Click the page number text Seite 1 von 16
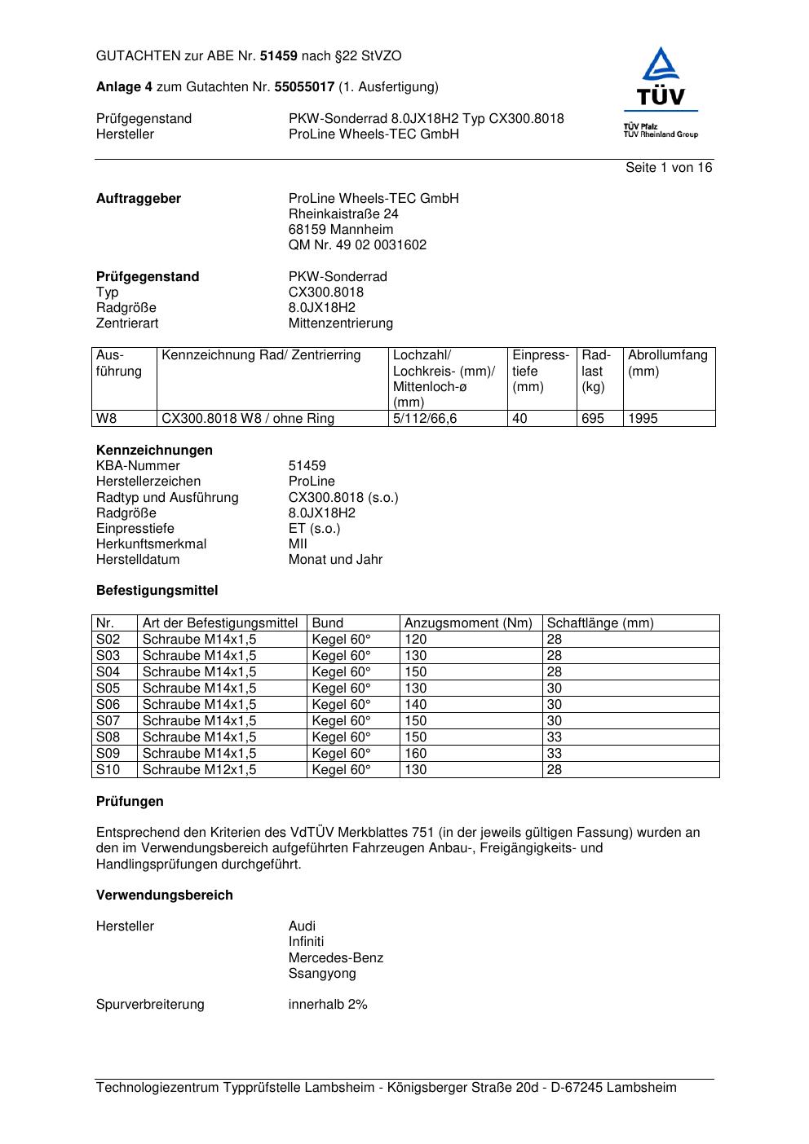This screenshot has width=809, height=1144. point(669,168)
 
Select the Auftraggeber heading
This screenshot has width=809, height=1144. point(139,199)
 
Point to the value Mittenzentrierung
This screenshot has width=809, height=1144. point(340,323)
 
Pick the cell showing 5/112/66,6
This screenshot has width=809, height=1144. point(425,419)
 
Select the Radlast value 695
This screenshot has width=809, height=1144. point(592,419)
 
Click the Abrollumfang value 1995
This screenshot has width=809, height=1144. point(643,419)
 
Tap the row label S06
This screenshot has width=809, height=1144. point(108,705)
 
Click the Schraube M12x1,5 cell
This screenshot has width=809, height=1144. point(199,770)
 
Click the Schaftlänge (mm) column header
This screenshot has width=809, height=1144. point(599,623)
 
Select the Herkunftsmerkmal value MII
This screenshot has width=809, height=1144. point(298,544)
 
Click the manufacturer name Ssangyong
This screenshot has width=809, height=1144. point(322,974)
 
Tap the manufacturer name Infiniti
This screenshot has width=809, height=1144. point(306,942)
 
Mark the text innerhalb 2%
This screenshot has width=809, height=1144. point(328,1005)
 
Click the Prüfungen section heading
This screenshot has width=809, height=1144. point(130,802)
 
